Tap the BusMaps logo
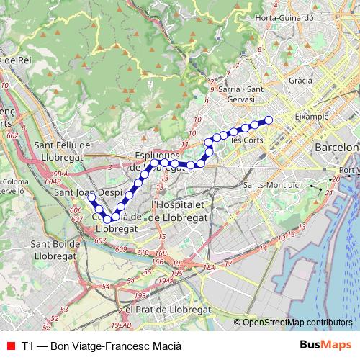coord(326,346)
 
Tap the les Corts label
coord(246,140)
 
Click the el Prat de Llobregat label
coord(168,308)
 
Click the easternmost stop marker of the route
coord(269,120)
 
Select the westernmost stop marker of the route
coord(91,196)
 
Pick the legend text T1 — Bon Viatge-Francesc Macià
coord(102,346)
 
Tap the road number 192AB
coord(122,325)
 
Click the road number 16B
coord(161,253)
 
